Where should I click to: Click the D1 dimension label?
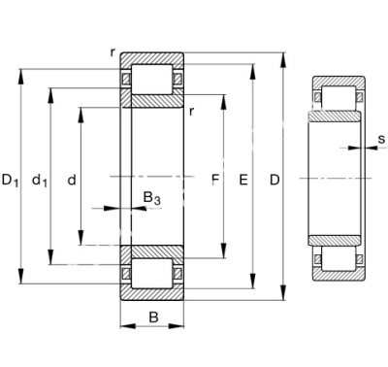pos(11,180)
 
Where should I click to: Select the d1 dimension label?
pos(40,180)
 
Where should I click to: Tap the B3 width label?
pos(151,198)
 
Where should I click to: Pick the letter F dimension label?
pos(215,180)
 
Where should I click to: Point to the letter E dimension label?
pos(243,180)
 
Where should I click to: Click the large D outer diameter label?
pos(275,180)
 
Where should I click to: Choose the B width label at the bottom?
pos(154,317)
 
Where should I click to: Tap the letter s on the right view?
pos(382,139)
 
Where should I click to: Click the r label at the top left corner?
pos(113,51)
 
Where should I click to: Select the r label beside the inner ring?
pos(191,112)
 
